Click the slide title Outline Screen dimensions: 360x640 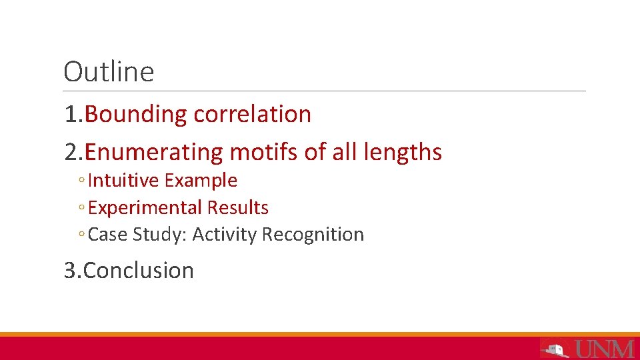[109, 72]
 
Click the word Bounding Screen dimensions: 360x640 [137, 115]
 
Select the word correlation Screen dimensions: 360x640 [252, 115]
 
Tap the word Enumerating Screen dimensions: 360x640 [154, 153]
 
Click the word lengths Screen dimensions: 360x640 [403, 153]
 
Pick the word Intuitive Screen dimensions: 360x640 [123, 181]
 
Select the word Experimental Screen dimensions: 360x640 [145, 208]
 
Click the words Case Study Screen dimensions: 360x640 [137, 235]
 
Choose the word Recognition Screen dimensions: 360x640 [313, 235]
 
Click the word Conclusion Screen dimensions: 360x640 [139, 271]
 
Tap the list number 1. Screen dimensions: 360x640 [71, 115]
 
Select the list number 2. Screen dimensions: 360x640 [71, 153]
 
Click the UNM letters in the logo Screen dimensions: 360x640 [604, 348]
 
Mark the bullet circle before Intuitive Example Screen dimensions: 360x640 [80, 181]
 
